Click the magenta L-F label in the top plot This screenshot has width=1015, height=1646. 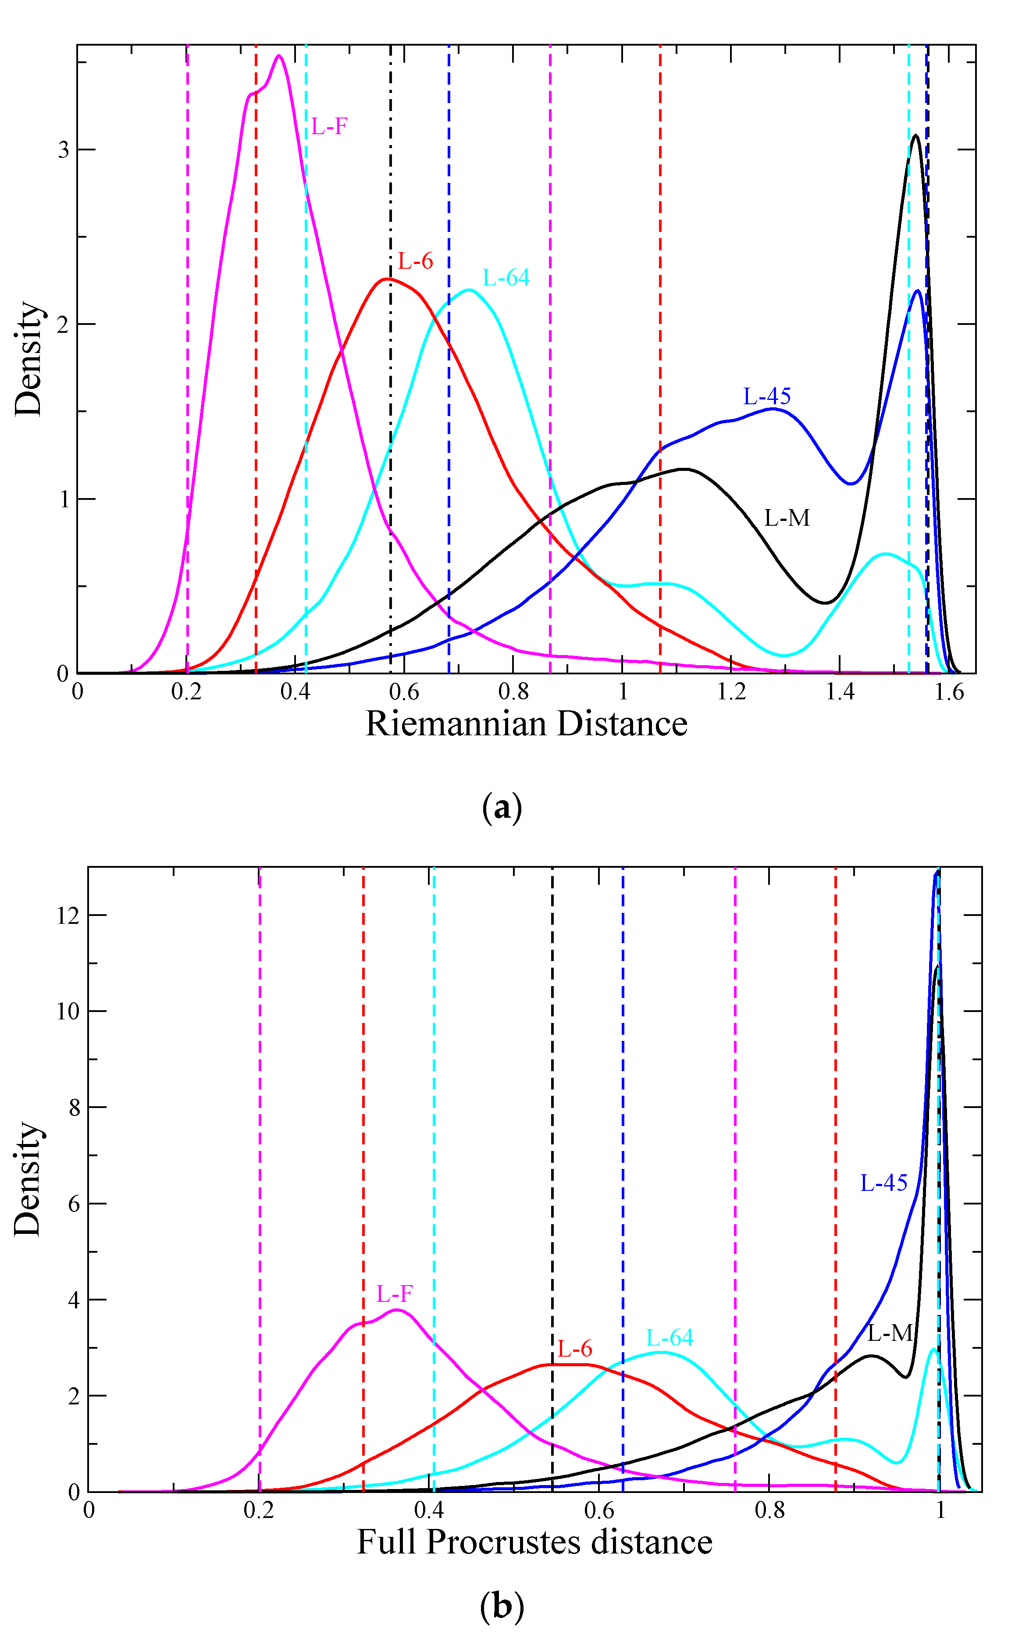coord(329,125)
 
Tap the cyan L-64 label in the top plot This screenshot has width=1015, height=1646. coord(506,277)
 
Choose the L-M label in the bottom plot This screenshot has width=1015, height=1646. coord(890,1333)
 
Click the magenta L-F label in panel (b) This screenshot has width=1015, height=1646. coord(394,1293)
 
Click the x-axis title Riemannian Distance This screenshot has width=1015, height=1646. coord(526,723)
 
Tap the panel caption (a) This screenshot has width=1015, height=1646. coord(502,808)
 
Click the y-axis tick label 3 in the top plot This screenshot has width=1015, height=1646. coord(64,150)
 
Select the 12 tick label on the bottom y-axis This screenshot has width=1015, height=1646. coord(68,915)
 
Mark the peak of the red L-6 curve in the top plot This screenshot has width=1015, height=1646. coord(387,278)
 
